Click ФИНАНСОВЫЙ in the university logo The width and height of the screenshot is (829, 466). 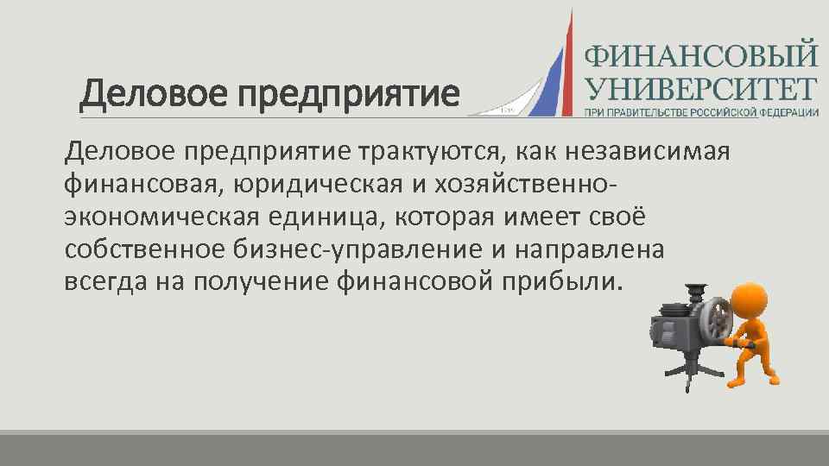coord(701,56)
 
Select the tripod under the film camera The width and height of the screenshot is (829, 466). coord(687,371)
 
